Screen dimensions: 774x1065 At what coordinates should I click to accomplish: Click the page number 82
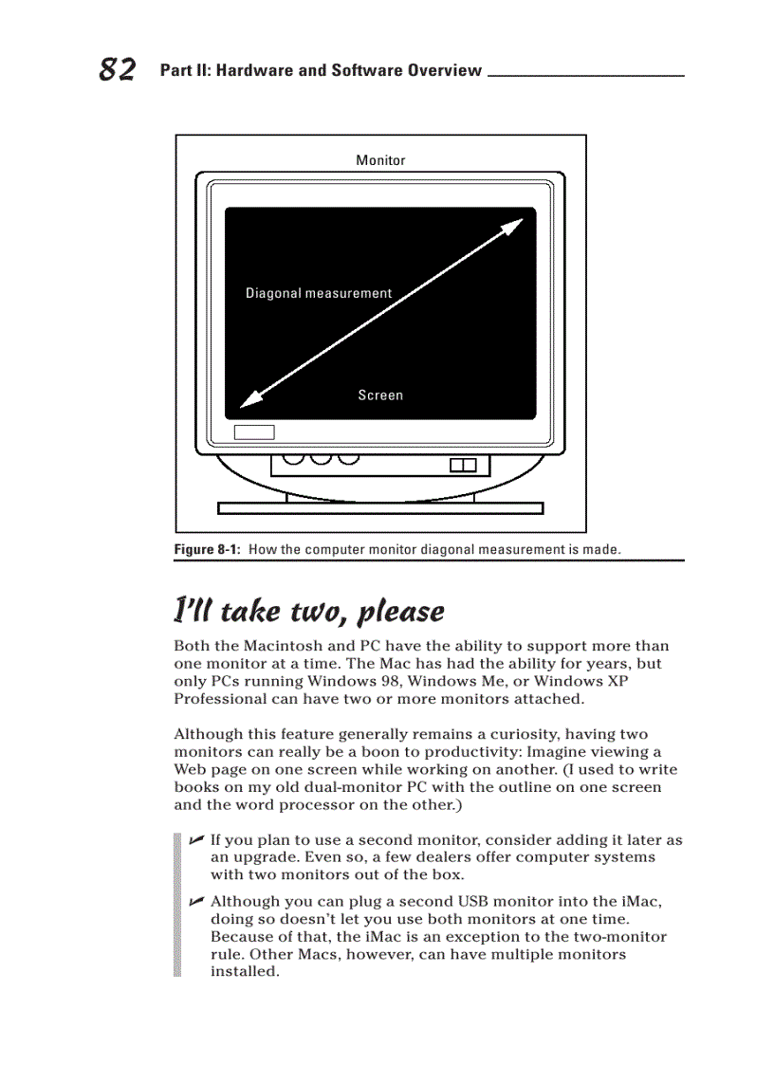pos(117,69)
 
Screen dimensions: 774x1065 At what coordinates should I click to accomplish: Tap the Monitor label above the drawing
pos(380,160)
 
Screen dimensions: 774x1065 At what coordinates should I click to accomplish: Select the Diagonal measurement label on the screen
pos(319,293)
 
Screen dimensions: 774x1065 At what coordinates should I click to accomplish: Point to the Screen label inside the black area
pos(380,395)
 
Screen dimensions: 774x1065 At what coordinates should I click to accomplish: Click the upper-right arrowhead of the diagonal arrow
pos(513,226)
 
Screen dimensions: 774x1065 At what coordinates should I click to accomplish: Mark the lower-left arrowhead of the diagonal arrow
pos(249,402)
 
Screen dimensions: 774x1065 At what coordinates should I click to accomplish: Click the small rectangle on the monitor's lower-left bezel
pos(254,432)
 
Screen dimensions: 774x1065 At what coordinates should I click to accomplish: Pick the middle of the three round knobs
pos(322,459)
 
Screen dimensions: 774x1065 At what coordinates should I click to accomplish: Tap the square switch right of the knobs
pos(462,465)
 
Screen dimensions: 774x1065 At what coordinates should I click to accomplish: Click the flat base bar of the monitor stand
pos(380,508)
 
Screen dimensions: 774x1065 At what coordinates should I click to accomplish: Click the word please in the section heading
pos(400,612)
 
